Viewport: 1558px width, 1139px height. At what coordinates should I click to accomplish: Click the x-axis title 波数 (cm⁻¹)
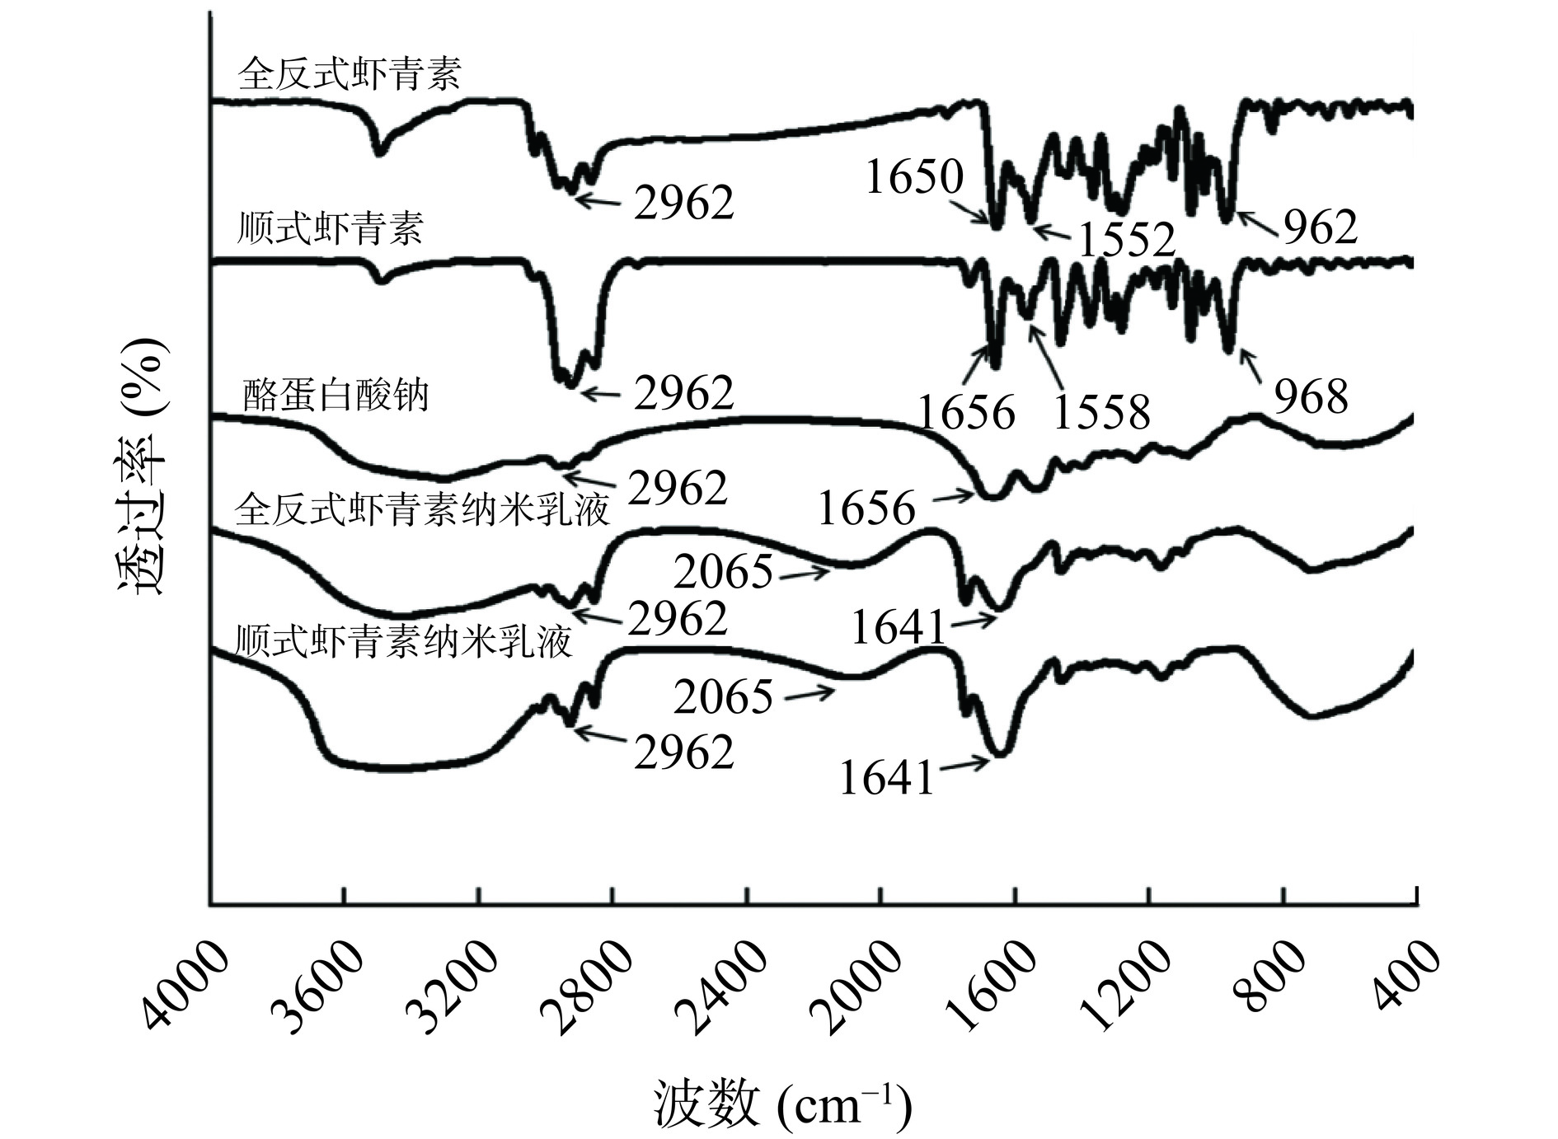click(x=783, y=1104)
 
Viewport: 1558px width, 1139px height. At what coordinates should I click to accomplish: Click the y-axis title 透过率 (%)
click(x=140, y=466)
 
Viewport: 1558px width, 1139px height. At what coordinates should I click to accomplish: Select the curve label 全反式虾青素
click(x=349, y=73)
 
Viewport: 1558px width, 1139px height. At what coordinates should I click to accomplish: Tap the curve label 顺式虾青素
click(x=330, y=227)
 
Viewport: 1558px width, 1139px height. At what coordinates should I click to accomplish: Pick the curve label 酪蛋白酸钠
click(x=336, y=396)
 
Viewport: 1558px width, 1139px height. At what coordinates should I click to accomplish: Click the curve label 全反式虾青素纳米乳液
click(x=422, y=509)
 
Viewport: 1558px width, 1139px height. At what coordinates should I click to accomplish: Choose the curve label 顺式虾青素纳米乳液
click(x=403, y=640)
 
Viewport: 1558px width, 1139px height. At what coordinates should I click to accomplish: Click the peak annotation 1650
click(x=914, y=176)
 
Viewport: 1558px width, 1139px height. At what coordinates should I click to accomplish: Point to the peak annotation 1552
click(x=1126, y=240)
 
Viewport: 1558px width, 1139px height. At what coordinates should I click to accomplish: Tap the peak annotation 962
click(x=1320, y=227)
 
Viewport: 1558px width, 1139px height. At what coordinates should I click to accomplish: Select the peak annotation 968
click(x=1312, y=396)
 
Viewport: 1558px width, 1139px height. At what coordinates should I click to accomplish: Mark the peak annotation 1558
click(x=1101, y=412)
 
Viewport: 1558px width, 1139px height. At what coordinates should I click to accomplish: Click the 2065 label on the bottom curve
click(x=723, y=697)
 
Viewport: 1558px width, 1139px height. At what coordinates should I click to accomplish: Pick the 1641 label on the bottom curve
click(x=887, y=777)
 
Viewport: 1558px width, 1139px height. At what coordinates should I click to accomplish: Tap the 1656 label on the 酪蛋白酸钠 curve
click(x=866, y=508)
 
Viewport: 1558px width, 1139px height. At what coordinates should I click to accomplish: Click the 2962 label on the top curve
click(x=683, y=203)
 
